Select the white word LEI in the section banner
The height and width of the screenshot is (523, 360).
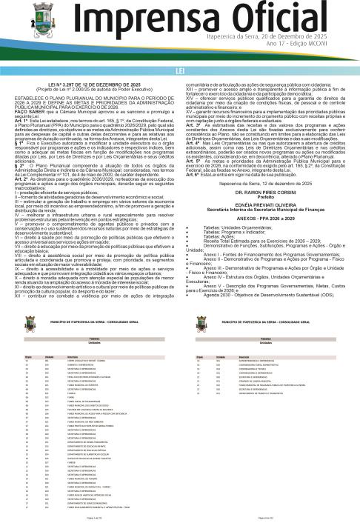[x=180, y=70]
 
